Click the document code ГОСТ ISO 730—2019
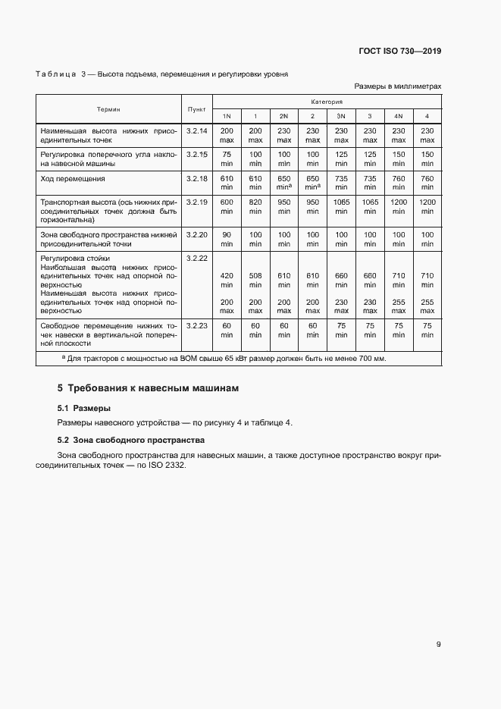(x=399, y=52)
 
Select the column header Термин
(x=108, y=109)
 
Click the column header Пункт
(x=196, y=109)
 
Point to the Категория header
(x=327, y=101)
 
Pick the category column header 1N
(x=227, y=116)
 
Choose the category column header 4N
(x=398, y=116)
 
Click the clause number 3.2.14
(x=196, y=131)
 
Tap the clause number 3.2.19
(x=196, y=202)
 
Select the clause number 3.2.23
(x=196, y=325)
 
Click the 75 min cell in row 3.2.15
(x=227, y=158)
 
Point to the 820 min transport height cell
(x=255, y=207)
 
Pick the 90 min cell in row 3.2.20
(x=227, y=240)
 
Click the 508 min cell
(x=255, y=280)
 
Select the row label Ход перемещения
(x=73, y=179)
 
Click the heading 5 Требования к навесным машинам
(x=148, y=388)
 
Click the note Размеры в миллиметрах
(x=397, y=86)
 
